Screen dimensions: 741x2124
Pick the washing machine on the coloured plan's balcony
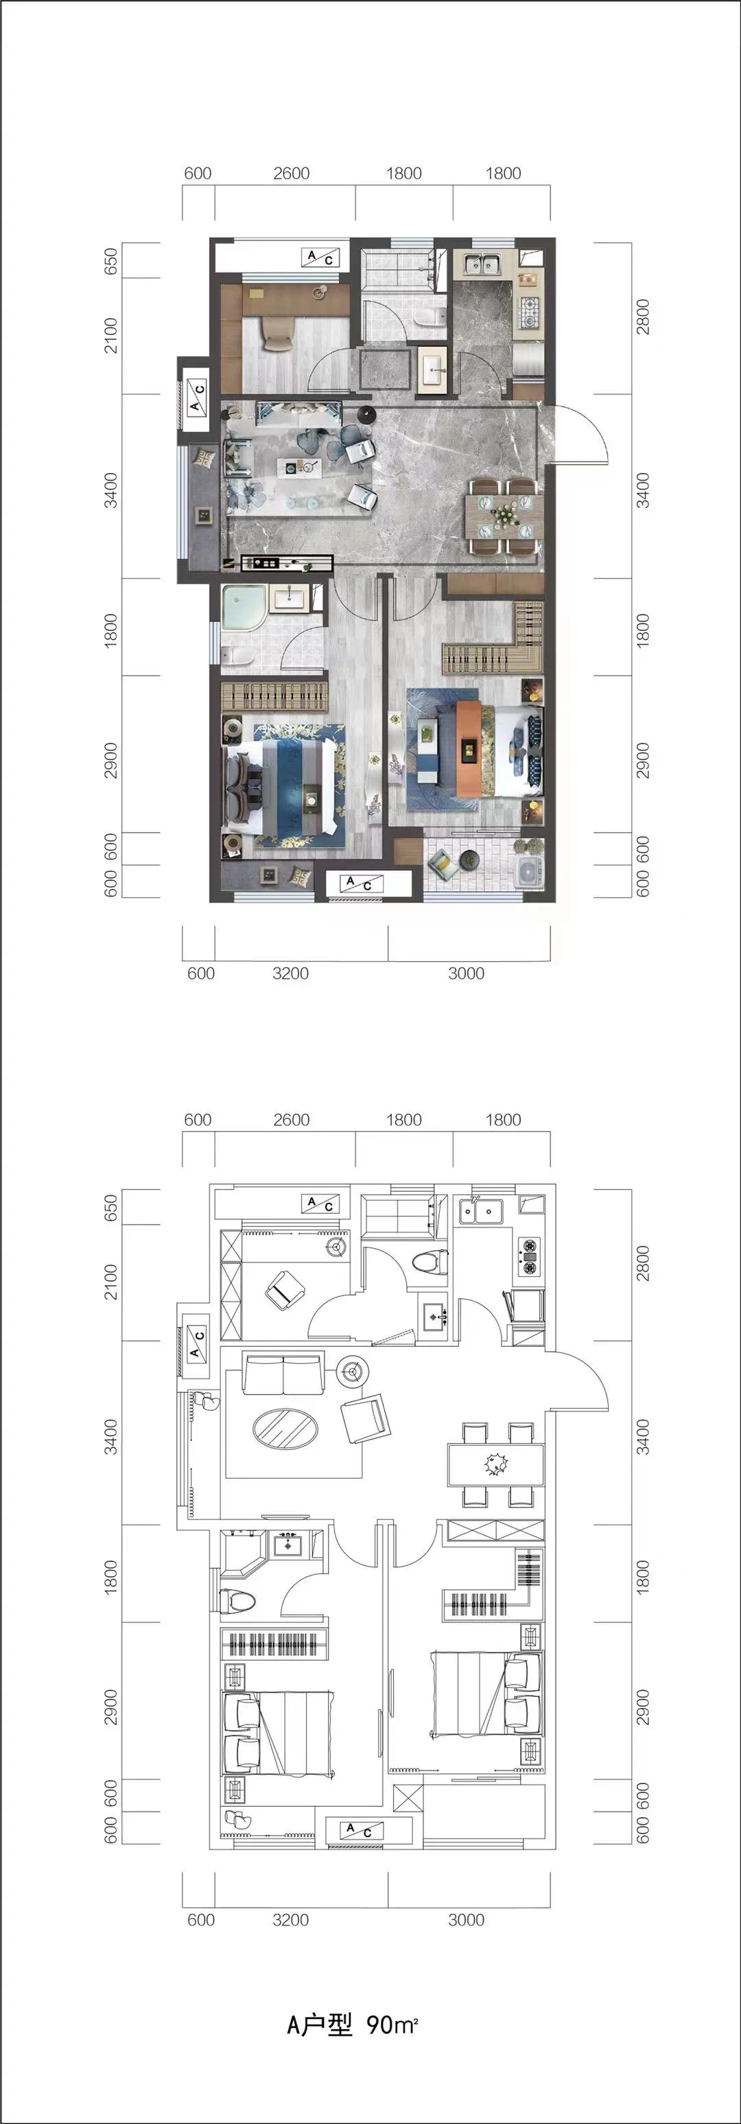[x=528, y=873]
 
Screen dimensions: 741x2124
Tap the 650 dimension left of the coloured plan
[x=111, y=262]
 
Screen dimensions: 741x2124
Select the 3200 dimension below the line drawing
[x=291, y=1919]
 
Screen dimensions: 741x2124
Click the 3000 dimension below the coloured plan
[x=467, y=973]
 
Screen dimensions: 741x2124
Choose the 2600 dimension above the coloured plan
[x=292, y=173]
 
